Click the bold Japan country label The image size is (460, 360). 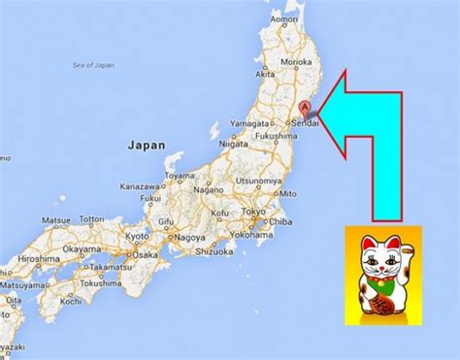tap(147, 146)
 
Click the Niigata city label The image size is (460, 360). tap(235, 145)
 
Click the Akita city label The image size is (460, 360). tap(264, 74)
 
